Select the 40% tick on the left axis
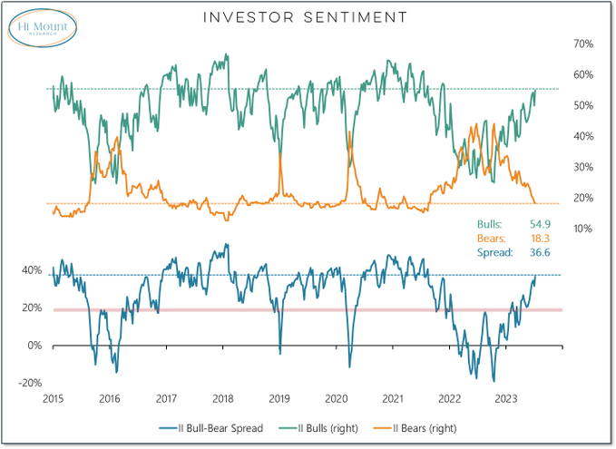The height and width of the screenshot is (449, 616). click(x=32, y=270)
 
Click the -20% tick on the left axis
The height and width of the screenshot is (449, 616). click(x=30, y=383)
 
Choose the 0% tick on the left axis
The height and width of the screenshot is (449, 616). click(x=34, y=346)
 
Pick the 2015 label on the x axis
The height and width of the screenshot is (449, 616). click(x=53, y=398)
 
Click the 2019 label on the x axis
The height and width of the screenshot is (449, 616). click(x=279, y=398)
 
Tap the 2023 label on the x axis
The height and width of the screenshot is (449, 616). click(x=506, y=398)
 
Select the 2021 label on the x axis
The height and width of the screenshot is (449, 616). click(x=393, y=398)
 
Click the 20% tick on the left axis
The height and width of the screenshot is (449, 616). click(x=32, y=308)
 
